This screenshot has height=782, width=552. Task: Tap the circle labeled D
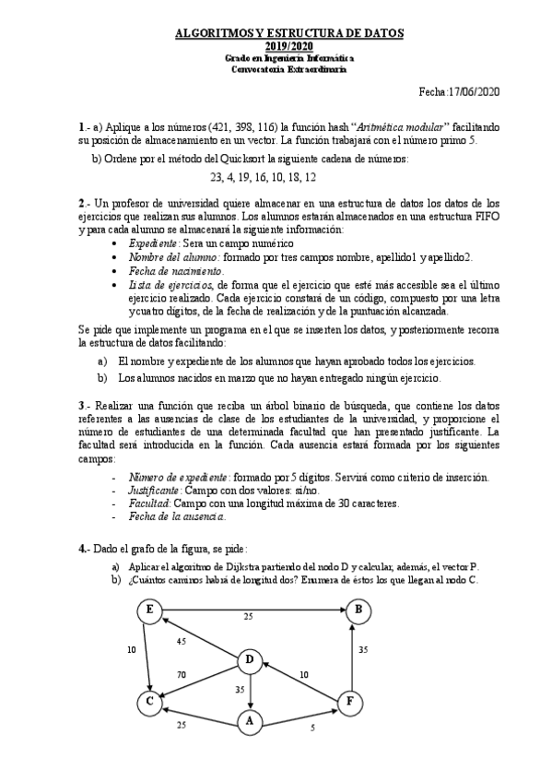(249, 659)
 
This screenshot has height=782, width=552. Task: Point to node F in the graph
(350, 701)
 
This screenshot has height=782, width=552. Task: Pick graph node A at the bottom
(249, 722)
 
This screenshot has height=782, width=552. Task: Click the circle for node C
(147, 703)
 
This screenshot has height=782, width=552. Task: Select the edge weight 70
(182, 675)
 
